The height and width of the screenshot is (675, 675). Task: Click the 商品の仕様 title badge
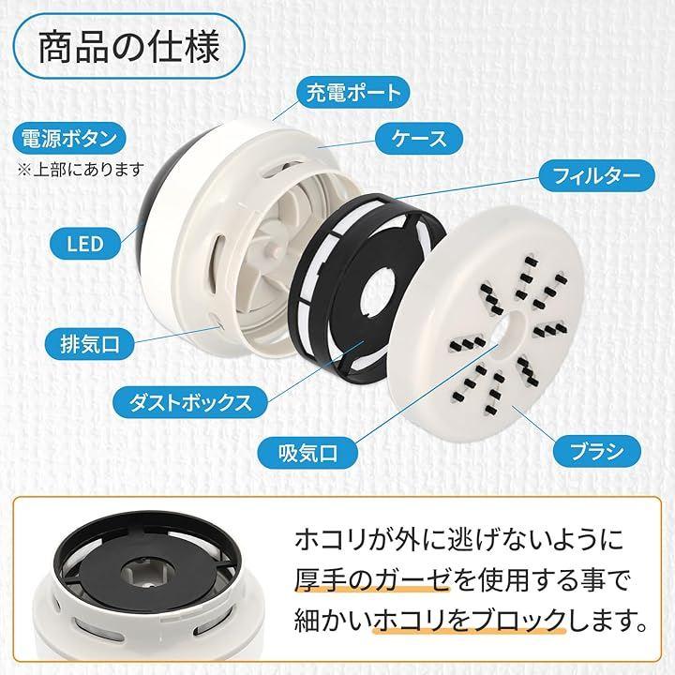129,46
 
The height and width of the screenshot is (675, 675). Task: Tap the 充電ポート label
353,92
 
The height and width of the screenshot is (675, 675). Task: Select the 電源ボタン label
68,138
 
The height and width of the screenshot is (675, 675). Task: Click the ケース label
419,139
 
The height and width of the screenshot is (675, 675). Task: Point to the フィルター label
596,175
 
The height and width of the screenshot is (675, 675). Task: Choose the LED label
85,244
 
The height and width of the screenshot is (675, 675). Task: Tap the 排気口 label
90,344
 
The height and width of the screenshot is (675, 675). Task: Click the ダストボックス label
190,402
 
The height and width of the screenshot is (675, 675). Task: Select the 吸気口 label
307,453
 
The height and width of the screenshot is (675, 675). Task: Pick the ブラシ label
596,451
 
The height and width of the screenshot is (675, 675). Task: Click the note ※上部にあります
80,170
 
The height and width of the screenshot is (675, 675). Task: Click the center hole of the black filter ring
378,292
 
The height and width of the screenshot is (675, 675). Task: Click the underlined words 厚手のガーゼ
372,580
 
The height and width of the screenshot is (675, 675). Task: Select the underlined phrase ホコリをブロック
470,621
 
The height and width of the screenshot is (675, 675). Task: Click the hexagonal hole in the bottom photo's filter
142,574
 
